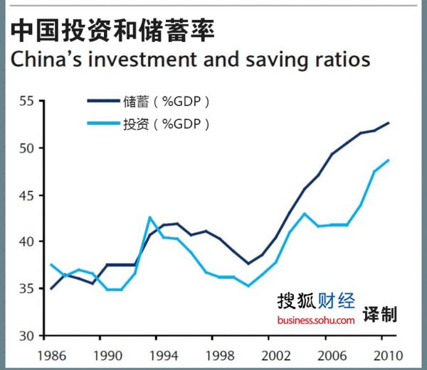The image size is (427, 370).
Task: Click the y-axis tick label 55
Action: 26,102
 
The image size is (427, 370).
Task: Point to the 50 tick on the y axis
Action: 26,148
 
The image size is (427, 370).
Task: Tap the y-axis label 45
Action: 26,195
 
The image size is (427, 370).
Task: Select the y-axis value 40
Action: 26,242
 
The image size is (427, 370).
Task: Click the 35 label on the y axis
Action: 26,289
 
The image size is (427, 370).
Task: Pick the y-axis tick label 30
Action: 26,335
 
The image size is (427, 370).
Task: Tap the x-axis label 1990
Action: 106,354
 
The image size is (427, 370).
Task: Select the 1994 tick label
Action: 164,354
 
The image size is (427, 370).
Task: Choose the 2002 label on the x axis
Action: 275,354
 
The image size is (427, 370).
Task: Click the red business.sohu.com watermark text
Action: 316,321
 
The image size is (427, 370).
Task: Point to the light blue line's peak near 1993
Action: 150,217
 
